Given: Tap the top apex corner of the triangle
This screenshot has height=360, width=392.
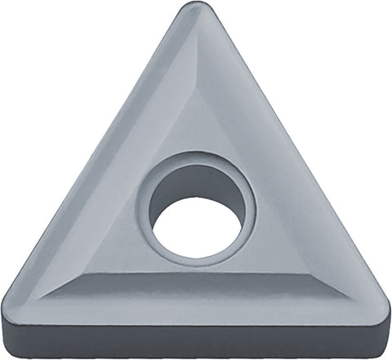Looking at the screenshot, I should point(195,7).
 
